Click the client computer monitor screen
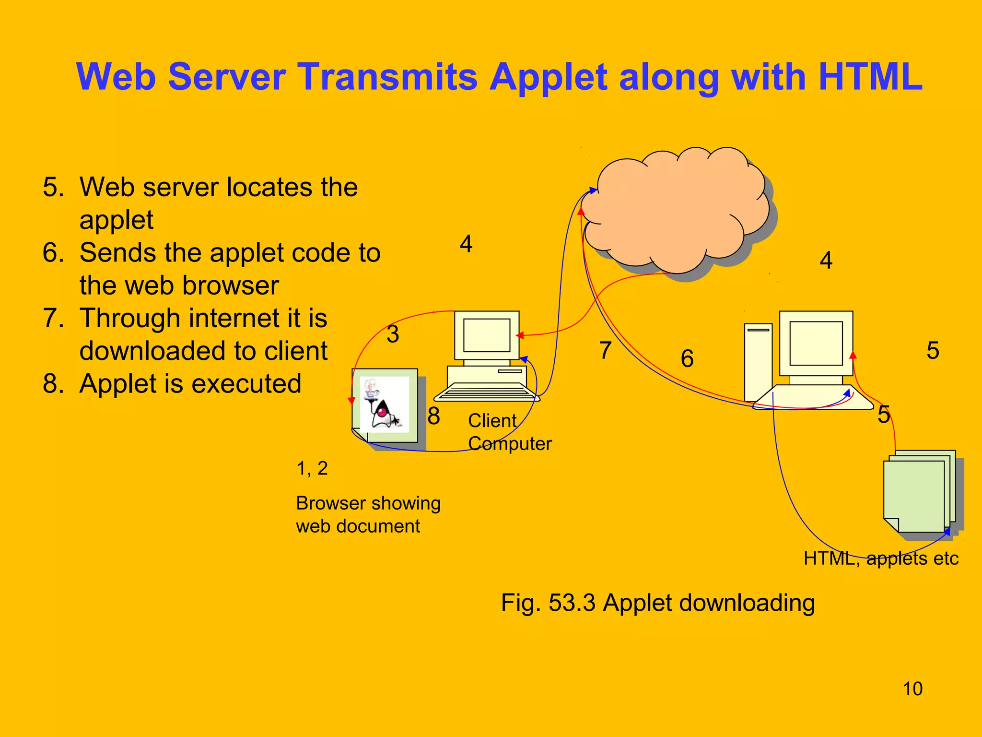(x=487, y=335)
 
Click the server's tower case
(x=758, y=362)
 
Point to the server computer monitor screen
(x=816, y=343)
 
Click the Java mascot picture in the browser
(x=384, y=404)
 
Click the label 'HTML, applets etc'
(x=881, y=559)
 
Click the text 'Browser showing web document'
(x=368, y=514)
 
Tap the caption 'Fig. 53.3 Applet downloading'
(x=658, y=603)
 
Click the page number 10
(x=912, y=689)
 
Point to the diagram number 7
(x=605, y=350)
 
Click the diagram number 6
(x=687, y=358)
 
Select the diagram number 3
(x=393, y=334)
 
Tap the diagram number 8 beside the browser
(x=433, y=416)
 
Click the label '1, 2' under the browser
(x=312, y=468)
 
